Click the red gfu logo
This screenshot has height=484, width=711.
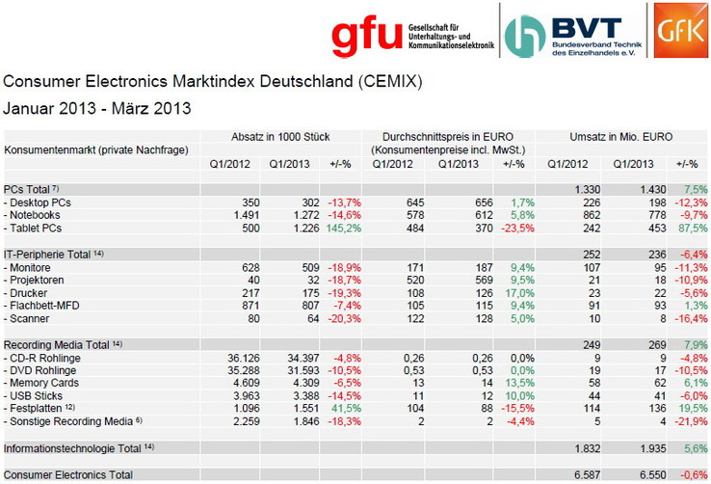(366, 35)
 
